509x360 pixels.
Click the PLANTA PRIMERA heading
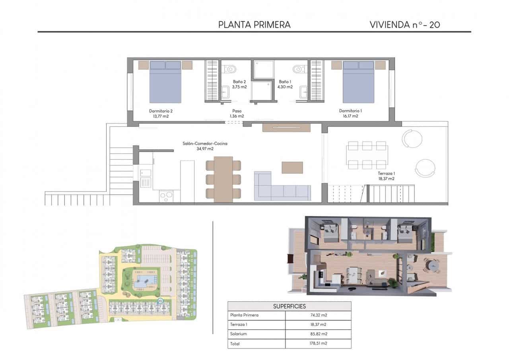click(254, 25)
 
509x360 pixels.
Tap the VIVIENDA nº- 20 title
click(404, 25)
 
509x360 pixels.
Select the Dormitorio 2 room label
click(161, 113)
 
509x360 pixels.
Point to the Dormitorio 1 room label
click(350, 113)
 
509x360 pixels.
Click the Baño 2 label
click(239, 84)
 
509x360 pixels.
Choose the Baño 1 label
click(285, 84)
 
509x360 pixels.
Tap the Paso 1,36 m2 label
click(237, 113)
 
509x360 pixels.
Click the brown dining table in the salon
click(223, 179)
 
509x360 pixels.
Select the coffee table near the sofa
click(292, 167)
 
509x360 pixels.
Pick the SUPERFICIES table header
click(289, 306)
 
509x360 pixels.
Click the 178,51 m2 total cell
click(318, 343)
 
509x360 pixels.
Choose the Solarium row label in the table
click(238, 334)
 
